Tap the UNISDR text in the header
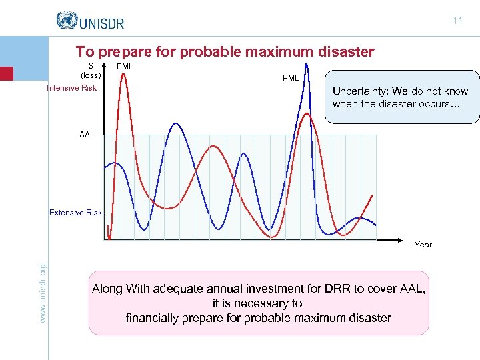pyautogui.click(x=101, y=23)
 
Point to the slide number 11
pyautogui.click(x=457, y=21)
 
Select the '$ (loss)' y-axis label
pyautogui.click(x=91, y=71)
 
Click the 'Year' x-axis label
pyautogui.click(x=423, y=245)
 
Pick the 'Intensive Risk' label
pyautogui.click(x=71, y=88)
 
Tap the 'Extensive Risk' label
pyautogui.click(x=75, y=213)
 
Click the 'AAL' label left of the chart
pyautogui.click(x=87, y=135)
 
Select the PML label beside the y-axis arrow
pyautogui.click(x=125, y=67)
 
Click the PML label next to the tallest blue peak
pyautogui.click(x=290, y=78)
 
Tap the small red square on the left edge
pyautogui.click(x=6, y=73)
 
